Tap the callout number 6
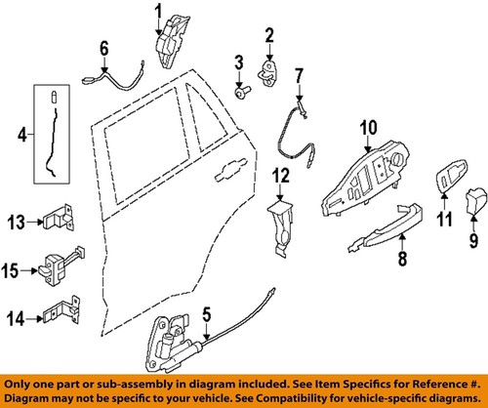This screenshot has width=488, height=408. [104, 45]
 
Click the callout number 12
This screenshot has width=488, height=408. [281, 176]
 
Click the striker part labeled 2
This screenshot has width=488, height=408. [268, 70]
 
